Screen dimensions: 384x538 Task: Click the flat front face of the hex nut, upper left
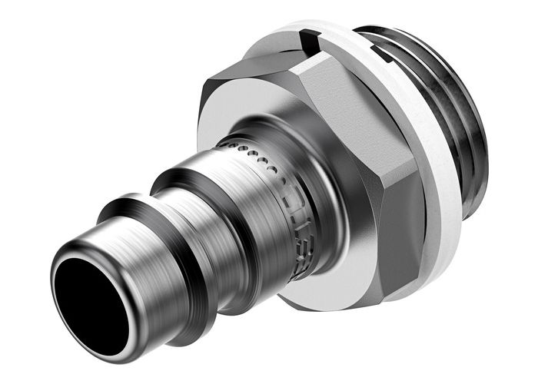pyautogui.click(x=231, y=100)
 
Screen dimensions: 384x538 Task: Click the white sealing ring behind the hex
pyautogui.click(x=430, y=100)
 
